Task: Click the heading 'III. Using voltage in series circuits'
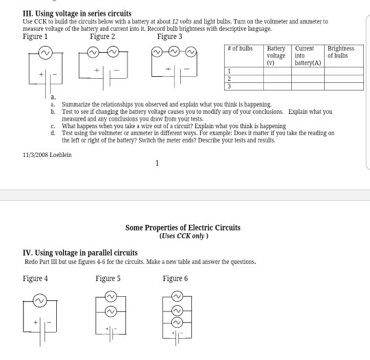pyautogui.click(x=77, y=14)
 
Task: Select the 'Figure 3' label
pyautogui.click(x=170, y=36)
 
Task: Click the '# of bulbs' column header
pyautogui.click(x=240, y=50)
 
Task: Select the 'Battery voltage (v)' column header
pyautogui.click(x=276, y=55)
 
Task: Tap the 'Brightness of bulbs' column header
pyautogui.click(x=341, y=52)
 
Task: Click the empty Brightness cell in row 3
pyautogui.click(x=343, y=87)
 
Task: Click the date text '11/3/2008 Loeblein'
pyautogui.click(x=48, y=155)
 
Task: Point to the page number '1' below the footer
pyautogui.click(x=157, y=163)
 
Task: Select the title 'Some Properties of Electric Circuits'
pyautogui.click(x=182, y=228)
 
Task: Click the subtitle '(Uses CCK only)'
pyautogui.click(x=182, y=236)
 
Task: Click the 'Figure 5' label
pyautogui.click(x=108, y=278)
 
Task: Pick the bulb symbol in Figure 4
pyautogui.click(x=40, y=300)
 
